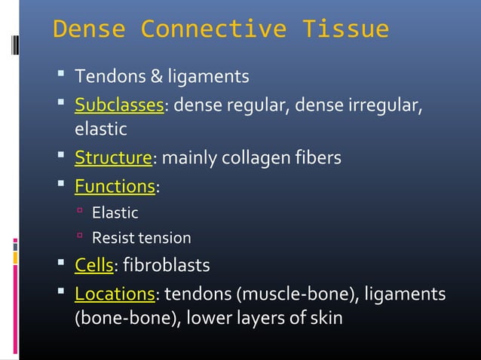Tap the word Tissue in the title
coord(345,29)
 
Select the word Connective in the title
coord(213,29)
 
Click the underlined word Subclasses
coord(119,104)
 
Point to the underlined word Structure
coord(113,158)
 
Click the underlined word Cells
coord(93,265)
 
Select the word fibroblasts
coord(167,265)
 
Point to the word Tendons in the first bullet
coord(104,77)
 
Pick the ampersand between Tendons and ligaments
coord(146,77)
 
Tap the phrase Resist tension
coord(141,239)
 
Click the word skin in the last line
coord(326,318)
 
